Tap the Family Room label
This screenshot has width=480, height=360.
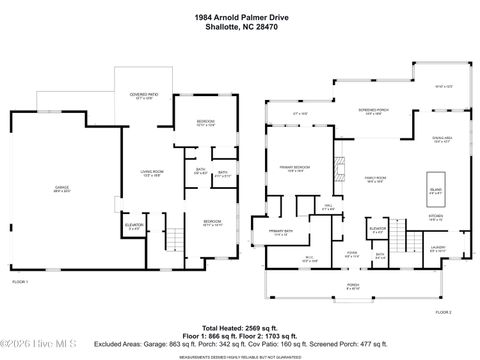click(375, 180)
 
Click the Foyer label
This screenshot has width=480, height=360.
click(352, 254)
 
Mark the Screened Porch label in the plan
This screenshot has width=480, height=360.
click(375, 112)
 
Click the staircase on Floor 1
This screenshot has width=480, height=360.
click(175, 240)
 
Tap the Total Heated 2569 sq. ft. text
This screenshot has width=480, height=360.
click(240, 327)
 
